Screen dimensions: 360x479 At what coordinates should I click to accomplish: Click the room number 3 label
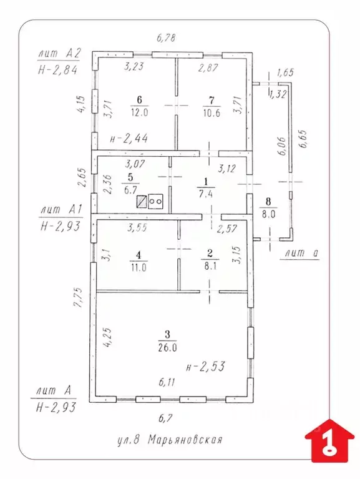(167, 335)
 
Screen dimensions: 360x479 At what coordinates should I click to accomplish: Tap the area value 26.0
(167, 348)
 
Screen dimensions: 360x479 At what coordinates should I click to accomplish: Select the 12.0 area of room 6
(139, 112)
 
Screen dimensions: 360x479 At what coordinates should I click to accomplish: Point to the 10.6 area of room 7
(212, 113)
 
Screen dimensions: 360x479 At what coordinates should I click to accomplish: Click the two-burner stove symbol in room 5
(156, 202)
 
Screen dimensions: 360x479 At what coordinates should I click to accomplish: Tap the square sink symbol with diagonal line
(142, 202)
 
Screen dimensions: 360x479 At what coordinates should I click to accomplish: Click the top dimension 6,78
(167, 38)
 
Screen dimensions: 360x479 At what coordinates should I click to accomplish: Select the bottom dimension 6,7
(166, 418)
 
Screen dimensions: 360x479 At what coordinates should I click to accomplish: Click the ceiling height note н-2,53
(206, 367)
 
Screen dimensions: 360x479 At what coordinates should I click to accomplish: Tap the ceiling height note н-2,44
(129, 139)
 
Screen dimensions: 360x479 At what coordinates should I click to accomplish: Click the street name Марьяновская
(185, 440)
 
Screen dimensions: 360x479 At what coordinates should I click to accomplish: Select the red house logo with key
(329, 442)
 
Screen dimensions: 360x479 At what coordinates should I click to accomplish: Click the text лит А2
(59, 54)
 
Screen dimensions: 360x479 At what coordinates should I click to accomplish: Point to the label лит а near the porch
(302, 254)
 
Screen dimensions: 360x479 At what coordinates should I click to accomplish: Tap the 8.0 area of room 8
(268, 214)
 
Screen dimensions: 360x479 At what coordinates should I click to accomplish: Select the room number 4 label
(139, 254)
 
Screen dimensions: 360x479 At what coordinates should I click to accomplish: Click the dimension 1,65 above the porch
(285, 72)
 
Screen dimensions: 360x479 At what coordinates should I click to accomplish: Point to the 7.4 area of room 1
(206, 194)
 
